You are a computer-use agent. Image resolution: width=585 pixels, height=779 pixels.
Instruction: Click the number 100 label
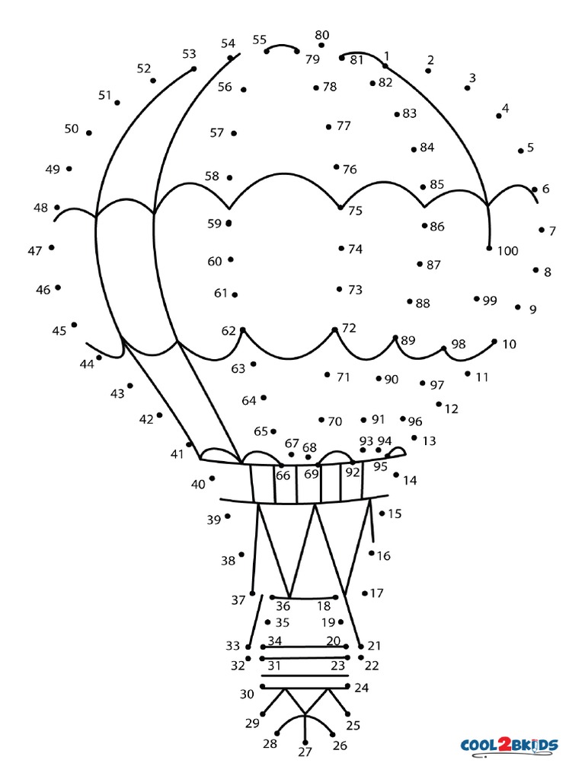507,250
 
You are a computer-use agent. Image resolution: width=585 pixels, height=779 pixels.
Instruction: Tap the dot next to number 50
89,133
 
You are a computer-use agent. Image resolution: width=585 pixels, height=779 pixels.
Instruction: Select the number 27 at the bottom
305,752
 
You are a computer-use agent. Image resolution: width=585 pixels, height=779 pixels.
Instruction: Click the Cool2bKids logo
509,744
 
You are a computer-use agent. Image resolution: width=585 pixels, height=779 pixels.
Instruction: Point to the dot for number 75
340,206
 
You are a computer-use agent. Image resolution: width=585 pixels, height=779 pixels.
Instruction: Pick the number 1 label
387,56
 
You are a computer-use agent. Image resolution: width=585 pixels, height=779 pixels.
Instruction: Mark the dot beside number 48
57,207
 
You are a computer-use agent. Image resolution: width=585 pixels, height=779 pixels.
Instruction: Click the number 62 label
229,331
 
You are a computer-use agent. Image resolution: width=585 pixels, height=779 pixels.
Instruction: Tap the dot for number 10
494,342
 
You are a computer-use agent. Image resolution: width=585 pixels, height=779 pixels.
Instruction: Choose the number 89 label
408,340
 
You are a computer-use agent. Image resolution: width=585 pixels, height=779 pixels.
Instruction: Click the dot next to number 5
521,151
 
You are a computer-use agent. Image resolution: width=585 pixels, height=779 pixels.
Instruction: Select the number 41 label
177,454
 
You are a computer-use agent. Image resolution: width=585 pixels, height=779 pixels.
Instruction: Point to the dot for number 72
334,329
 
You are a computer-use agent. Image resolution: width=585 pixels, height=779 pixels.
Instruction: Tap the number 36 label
283,606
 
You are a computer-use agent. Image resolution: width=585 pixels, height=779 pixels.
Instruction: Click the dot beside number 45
74,325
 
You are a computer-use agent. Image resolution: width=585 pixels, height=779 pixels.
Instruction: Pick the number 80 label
322,35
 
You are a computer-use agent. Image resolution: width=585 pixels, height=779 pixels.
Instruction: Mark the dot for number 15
382,514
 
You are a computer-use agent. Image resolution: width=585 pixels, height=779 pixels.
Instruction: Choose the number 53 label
189,53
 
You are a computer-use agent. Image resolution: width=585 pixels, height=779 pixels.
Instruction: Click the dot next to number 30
262,686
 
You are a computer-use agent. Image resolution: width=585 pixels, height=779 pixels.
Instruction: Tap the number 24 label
362,688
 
